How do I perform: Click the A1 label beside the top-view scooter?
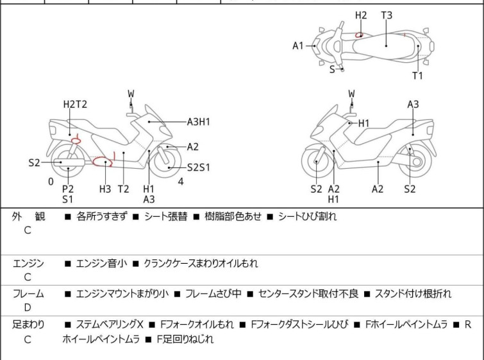tap(297, 46)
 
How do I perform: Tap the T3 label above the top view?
tap(387, 15)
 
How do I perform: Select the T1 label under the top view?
tap(417, 76)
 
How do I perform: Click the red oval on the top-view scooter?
tap(360, 35)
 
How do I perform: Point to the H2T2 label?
tap(75, 105)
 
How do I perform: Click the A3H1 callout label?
tap(199, 121)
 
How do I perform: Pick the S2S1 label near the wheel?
tap(199, 167)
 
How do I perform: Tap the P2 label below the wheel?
tap(67, 189)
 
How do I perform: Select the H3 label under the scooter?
tap(105, 189)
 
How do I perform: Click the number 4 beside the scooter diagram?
tap(181, 182)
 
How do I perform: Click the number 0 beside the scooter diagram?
tap(51, 182)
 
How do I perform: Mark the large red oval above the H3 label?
tap(103, 162)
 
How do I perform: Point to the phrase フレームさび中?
tap(213, 294)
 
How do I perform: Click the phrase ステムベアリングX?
tap(110, 325)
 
